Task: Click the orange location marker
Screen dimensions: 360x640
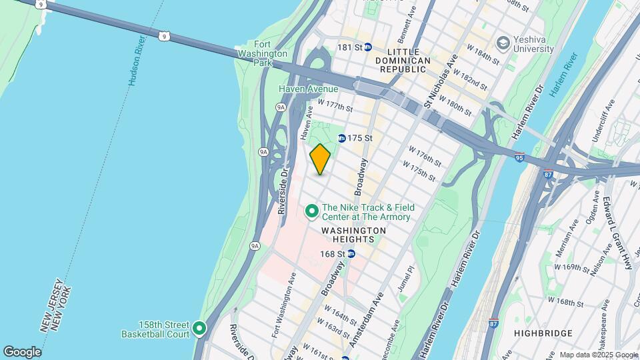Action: tap(320, 160)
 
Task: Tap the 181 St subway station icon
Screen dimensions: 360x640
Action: tap(367, 47)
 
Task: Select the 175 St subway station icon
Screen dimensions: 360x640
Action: tap(342, 138)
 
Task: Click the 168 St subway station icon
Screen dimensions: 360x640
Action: tap(351, 253)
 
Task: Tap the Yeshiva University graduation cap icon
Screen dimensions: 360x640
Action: tap(504, 44)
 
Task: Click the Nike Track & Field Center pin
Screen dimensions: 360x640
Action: tap(311, 212)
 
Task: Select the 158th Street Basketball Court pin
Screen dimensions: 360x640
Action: tap(199, 329)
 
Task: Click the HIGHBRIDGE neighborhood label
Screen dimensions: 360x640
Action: tap(544, 333)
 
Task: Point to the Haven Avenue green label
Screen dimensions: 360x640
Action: tap(309, 89)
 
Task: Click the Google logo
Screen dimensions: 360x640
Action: tap(22, 351)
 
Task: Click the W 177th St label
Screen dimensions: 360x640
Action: tap(335, 105)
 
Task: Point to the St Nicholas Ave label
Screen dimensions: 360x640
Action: tap(442, 79)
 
